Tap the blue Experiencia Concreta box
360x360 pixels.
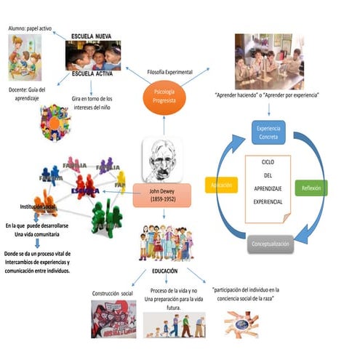[269, 132]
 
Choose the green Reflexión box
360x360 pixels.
[314, 187]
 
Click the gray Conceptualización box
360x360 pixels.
[271, 244]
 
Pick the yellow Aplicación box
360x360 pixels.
[222, 186]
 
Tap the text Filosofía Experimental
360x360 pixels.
[169, 72]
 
